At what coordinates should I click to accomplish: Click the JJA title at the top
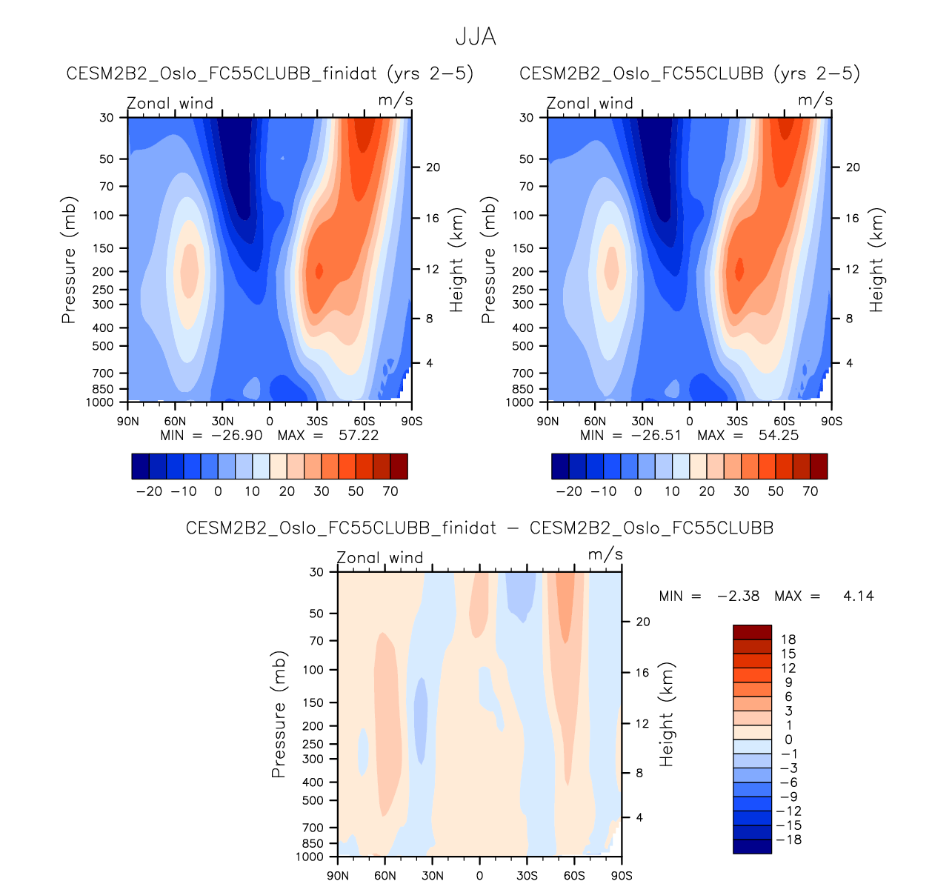pyautogui.click(x=476, y=37)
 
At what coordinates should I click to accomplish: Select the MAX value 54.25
pyautogui.click(x=778, y=435)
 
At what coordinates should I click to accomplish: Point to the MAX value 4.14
pyautogui.click(x=858, y=595)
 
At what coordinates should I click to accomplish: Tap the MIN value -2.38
pyautogui.click(x=738, y=595)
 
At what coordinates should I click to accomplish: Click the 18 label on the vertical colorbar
pyautogui.click(x=788, y=639)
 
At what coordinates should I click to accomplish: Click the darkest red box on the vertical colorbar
pyautogui.click(x=752, y=632)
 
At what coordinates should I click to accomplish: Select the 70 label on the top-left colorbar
pyautogui.click(x=390, y=491)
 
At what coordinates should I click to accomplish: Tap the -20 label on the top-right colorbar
pyautogui.click(x=568, y=491)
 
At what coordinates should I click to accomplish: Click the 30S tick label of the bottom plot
pyautogui.click(x=527, y=875)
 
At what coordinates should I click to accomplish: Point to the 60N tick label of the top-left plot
pyautogui.click(x=175, y=421)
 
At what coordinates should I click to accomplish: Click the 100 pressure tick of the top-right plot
pyautogui.click(x=523, y=216)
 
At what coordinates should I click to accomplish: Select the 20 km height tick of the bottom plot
pyautogui.click(x=643, y=622)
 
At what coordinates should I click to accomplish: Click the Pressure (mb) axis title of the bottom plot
pyautogui.click(x=279, y=716)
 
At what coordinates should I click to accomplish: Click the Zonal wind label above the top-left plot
pyautogui.click(x=170, y=103)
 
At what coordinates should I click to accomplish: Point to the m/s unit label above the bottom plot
pyautogui.click(x=605, y=555)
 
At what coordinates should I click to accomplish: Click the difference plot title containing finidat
pyautogui.click(x=479, y=528)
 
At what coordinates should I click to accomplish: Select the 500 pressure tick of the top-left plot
pyautogui.click(x=103, y=346)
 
